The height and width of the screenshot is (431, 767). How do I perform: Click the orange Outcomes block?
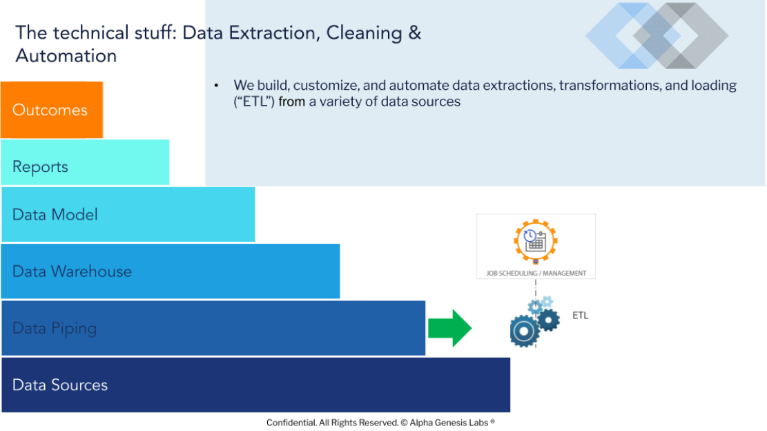tap(52, 110)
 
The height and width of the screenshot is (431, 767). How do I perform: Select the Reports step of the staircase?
tap(85, 162)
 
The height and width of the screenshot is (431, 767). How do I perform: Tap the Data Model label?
tap(55, 215)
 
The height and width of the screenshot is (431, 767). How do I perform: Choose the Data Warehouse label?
tap(72, 271)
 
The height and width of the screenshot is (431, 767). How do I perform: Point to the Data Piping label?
tap(55, 329)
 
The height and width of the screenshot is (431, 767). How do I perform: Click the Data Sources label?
tap(59, 385)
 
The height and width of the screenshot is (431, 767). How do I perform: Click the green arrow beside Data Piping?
tap(450, 328)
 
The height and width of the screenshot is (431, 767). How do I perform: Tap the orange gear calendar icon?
tap(536, 241)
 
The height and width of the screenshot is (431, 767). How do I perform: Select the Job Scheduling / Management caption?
tap(536, 273)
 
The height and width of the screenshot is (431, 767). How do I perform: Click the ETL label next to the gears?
tap(581, 316)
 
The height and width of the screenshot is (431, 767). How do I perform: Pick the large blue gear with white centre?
tap(525, 332)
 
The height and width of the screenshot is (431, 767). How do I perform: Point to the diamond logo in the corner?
tap(657, 36)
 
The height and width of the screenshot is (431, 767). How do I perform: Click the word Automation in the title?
tap(66, 56)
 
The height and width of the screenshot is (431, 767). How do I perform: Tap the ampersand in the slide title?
tap(414, 32)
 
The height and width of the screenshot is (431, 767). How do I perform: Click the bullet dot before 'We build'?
tap(216, 86)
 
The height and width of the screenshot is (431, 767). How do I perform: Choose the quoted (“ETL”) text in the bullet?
tap(254, 102)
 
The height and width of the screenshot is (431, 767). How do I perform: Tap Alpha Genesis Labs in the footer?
tap(449, 423)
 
